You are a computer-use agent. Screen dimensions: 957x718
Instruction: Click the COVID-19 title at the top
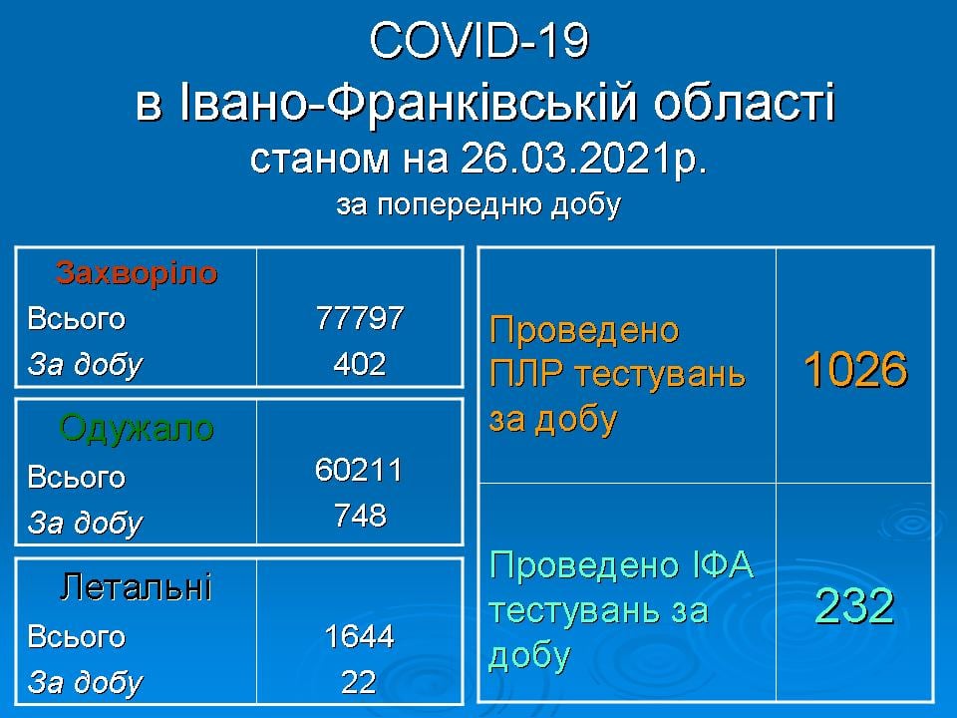[x=479, y=42]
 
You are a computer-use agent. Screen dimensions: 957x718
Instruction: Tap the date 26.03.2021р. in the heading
[x=584, y=159]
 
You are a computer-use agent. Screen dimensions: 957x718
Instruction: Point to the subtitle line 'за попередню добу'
[x=479, y=205]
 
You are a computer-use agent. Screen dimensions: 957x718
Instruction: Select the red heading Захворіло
[x=137, y=272]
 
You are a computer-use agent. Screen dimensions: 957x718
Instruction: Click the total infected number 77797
[x=360, y=318]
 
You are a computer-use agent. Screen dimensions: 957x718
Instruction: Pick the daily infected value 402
[x=360, y=364]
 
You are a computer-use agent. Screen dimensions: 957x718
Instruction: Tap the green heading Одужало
[x=137, y=428]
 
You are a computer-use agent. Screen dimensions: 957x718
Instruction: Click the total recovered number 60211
[x=359, y=470]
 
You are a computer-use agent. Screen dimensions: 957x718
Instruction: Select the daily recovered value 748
[x=360, y=516]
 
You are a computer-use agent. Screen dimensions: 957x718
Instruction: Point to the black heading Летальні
[x=137, y=587]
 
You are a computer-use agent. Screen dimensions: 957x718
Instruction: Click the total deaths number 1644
[x=360, y=636]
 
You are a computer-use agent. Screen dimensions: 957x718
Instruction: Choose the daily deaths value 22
[x=359, y=682]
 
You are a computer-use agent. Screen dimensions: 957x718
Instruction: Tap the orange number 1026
[x=855, y=370]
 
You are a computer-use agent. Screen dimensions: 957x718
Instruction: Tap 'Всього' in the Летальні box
[x=77, y=637]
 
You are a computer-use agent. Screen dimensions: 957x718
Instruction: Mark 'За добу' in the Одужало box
[x=85, y=524]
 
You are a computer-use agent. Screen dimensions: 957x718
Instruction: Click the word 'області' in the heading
[x=745, y=102]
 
